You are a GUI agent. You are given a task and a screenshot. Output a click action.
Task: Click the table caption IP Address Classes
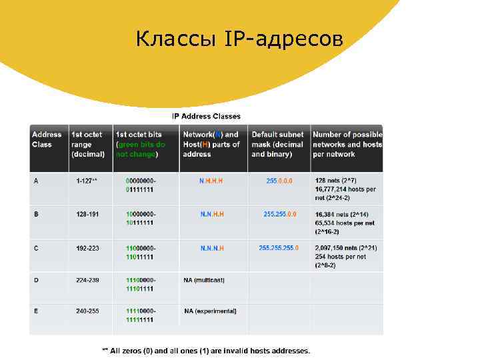207,116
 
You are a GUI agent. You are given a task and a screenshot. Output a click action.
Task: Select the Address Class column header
47,139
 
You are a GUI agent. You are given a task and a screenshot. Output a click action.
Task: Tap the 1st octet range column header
88,144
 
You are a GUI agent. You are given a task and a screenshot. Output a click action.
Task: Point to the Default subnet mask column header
277,144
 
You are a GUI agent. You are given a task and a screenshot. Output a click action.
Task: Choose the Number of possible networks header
347,144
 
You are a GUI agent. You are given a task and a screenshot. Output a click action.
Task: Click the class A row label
36,181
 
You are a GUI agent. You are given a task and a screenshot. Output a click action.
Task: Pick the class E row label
36,311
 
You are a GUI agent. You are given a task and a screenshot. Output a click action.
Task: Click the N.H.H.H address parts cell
212,181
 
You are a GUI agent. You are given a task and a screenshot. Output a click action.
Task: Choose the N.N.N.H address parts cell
212,248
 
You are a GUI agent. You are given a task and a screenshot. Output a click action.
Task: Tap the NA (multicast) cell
206,280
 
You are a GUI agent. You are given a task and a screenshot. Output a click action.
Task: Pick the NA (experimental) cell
210,311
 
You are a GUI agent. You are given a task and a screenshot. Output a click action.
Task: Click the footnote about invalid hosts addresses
206,350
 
